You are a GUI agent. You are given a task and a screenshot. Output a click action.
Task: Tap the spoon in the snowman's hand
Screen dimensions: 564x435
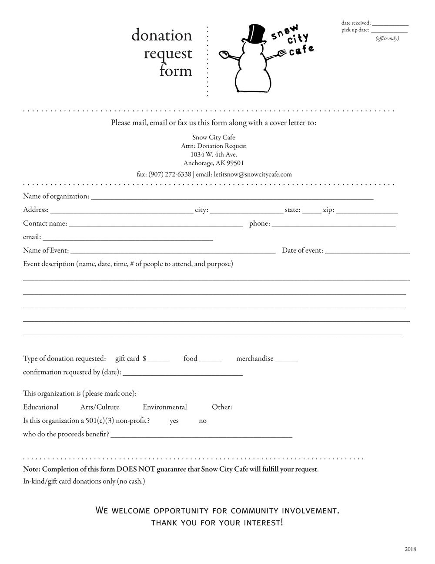[x=224, y=54]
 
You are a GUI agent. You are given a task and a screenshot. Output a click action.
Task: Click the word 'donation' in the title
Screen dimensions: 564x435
[x=162, y=35]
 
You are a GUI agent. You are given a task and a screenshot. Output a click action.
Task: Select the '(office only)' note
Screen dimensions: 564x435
[x=387, y=38]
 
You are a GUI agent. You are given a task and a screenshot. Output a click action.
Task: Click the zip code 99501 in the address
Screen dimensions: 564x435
[x=235, y=163]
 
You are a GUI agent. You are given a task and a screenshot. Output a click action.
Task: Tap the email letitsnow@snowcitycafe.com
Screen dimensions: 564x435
[x=253, y=174]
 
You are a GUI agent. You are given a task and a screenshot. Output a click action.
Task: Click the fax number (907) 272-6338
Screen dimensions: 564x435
[x=170, y=174]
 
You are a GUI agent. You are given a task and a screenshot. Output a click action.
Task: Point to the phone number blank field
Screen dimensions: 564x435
[x=334, y=224]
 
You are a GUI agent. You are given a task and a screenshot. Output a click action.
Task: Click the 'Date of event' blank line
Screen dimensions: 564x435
[x=367, y=251]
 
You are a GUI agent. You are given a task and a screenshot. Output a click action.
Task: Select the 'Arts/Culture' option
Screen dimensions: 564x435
[x=100, y=407]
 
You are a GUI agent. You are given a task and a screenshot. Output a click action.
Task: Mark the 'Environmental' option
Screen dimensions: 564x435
[x=165, y=407]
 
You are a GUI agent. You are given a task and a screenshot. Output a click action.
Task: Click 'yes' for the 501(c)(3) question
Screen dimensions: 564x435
[x=174, y=421]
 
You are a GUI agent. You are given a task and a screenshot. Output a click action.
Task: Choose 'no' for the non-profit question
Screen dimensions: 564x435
[x=203, y=421]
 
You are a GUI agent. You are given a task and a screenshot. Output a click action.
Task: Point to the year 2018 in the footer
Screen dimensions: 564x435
[x=410, y=549]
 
